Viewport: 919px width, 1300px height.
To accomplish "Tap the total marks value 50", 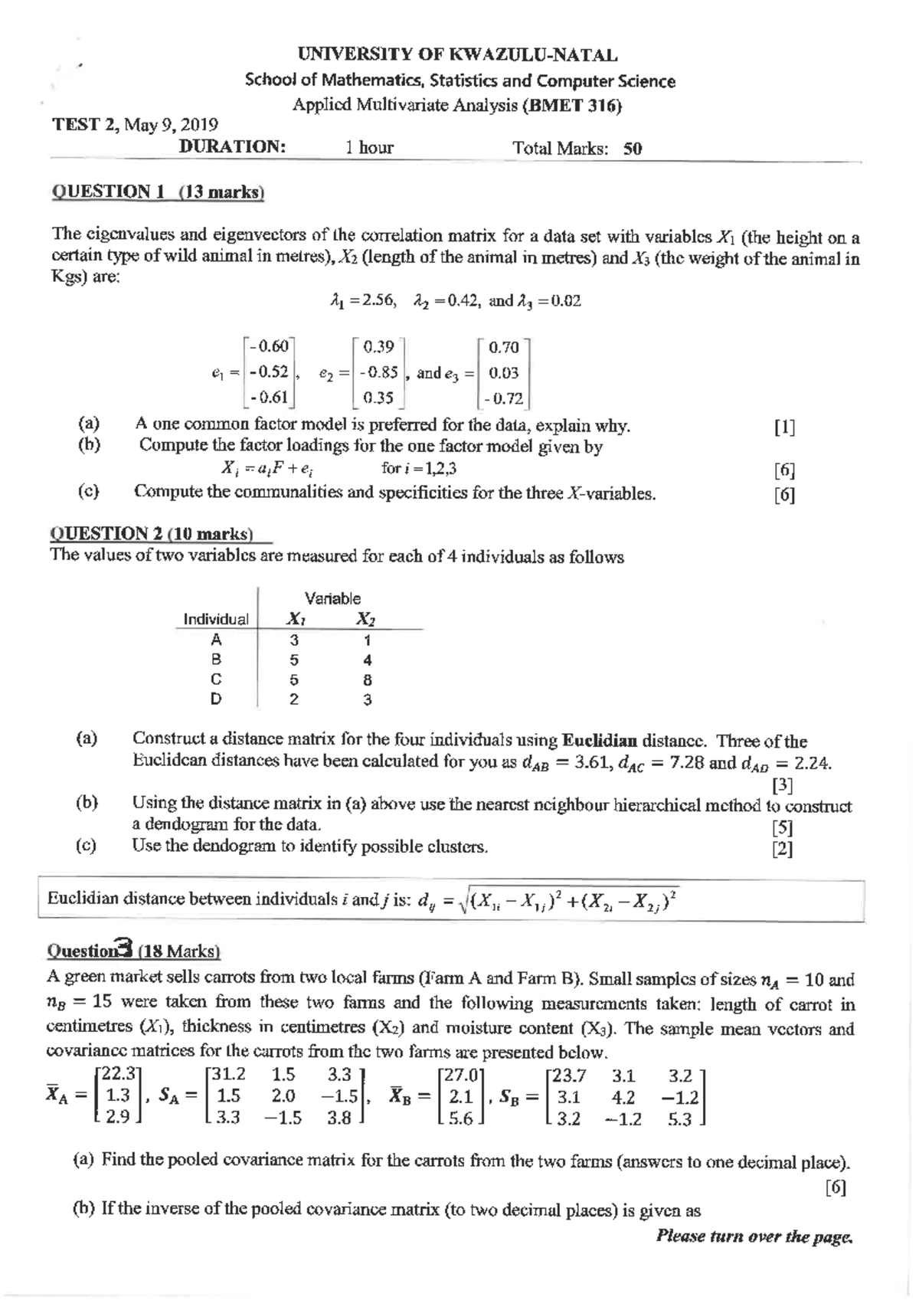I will (x=633, y=149).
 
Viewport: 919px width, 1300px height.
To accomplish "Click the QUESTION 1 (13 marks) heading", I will (x=157, y=192).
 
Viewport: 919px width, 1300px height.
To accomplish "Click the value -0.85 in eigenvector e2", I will (x=380, y=373).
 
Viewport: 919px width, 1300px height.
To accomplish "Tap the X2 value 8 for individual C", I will (x=368, y=679).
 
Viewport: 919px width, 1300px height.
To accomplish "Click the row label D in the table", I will (x=216, y=699).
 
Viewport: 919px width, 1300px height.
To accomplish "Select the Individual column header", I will (x=215, y=619).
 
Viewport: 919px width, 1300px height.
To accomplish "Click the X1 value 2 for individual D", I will (x=294, y=699).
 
